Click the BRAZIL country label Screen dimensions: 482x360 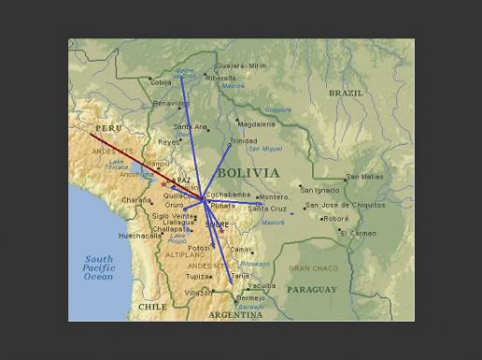(346, 94)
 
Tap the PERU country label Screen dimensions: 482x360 (108, 128)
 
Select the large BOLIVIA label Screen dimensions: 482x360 (248, 173)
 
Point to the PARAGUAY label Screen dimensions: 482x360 (311, 290)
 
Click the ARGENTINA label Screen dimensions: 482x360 (235, 315)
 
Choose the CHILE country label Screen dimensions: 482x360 (152, 306)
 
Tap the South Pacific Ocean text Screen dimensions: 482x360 (98, 268)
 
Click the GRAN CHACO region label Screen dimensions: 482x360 (313, 268)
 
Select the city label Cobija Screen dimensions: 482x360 (162, 82)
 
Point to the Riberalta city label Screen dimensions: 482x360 (221, 79)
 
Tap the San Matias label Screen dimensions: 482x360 (364, 176)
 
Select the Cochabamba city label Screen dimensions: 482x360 (224, 194)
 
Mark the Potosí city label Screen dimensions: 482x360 (200, 248)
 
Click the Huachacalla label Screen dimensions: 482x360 (140, 236)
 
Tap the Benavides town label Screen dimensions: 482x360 (170, 103)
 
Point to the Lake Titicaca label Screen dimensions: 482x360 (117, 165)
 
